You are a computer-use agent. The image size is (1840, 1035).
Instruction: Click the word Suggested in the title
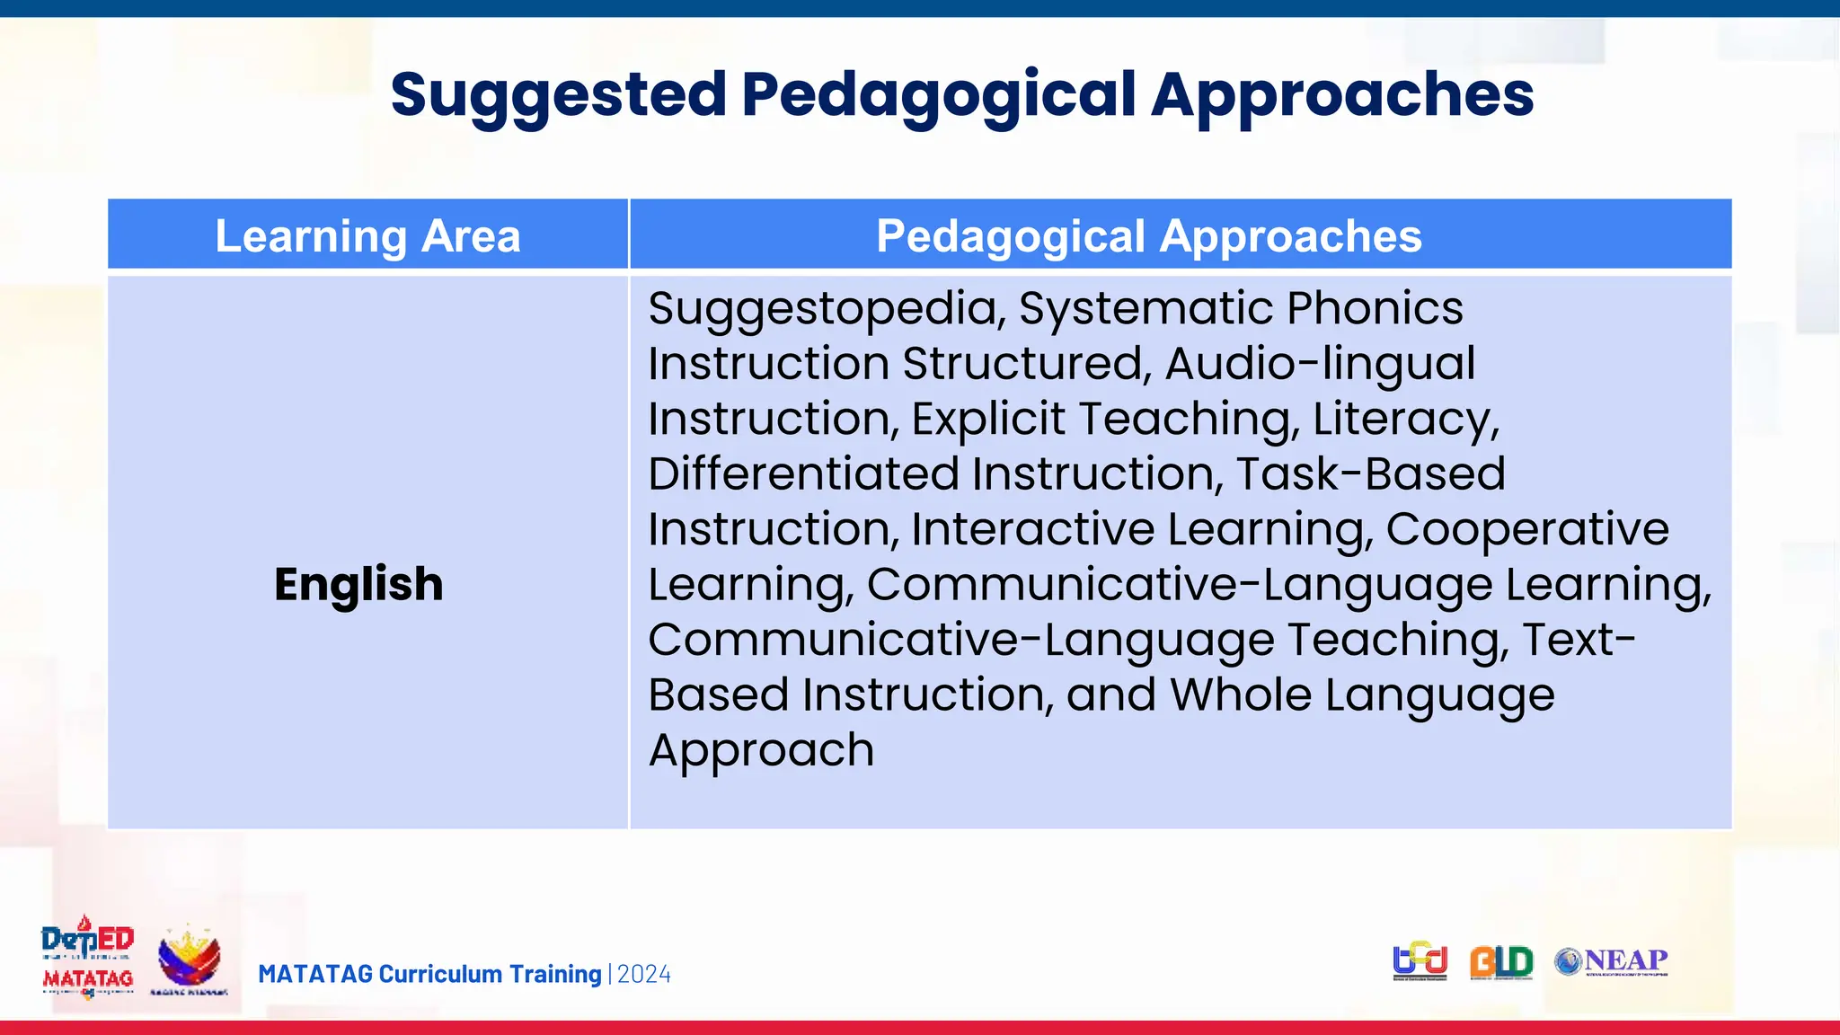coord(558,95)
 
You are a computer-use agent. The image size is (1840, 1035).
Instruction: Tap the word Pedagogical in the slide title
coord(939,95)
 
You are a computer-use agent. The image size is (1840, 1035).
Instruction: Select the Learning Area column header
coord(367,236)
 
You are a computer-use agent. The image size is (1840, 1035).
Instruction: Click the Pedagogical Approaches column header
coord(1148,236)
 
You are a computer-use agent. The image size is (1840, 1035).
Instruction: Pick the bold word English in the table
coord(358,584)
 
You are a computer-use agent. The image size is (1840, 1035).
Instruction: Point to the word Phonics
coord(1375,308)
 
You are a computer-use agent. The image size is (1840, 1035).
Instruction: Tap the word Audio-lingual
coord(1320,364)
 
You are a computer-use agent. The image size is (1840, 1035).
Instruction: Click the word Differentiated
coord(803,474)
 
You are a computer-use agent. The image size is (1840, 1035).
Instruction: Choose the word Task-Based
coord(1370,474)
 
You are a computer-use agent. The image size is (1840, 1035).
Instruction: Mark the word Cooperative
coord(1526,529)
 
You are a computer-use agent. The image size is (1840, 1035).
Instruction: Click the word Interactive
coord(1032,529)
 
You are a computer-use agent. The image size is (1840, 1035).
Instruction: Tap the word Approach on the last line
coord(761,750)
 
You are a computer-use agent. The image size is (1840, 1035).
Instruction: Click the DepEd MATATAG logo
coord(87,959)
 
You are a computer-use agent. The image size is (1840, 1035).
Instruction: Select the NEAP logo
coord(1612,961)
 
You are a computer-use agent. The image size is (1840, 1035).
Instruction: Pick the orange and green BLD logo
coord(1501,962)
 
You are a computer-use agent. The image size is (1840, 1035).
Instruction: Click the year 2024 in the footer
coord(644,974)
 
